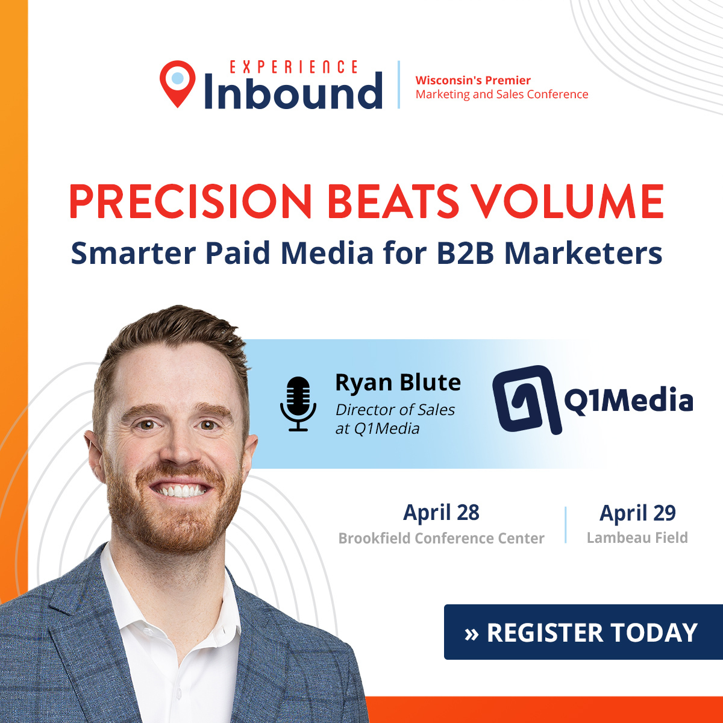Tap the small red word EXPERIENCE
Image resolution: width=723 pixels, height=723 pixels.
coord(294,67)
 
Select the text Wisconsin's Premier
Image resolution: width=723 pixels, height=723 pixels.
coord(473,80)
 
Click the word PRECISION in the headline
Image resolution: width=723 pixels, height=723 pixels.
coord(190,201)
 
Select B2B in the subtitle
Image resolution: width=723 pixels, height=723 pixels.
coord(466,253)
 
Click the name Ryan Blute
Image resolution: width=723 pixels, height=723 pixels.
coord(398,383)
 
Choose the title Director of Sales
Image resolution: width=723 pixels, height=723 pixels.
coord(395,410)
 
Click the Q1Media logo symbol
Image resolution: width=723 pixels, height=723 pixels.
coord(523,400)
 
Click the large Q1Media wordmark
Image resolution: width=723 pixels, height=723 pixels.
coord(628,401)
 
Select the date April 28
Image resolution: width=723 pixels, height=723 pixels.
coord(441,513)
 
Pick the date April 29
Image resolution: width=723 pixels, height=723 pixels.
coord(637,513)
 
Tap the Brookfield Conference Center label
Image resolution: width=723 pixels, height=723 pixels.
coord(441,538)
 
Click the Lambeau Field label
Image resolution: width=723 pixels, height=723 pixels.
coord(637,537)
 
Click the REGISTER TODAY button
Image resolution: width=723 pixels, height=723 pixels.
coord(582,632)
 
